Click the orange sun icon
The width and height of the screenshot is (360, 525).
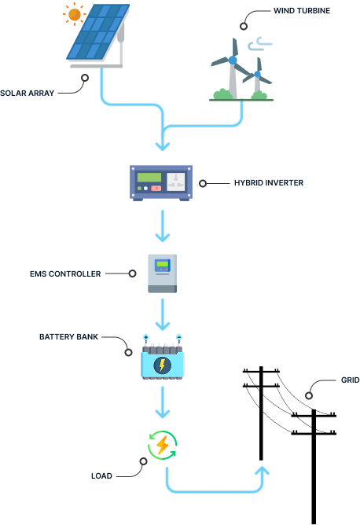(75, 14)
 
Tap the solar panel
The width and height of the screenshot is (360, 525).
(96, 33)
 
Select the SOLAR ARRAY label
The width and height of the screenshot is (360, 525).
(28, 93)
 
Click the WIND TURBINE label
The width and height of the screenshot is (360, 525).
(302, 11)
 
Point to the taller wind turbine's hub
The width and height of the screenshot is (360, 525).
(233, 60)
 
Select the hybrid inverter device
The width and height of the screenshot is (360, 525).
(161, 182)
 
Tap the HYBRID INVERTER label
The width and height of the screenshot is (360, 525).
(268, 182)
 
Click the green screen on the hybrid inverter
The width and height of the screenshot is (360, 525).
(149, 178)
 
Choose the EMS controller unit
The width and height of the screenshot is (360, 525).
(162, 273)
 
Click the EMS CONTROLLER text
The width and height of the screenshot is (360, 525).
(65, 274)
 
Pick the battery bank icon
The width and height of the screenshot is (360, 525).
(162, 361)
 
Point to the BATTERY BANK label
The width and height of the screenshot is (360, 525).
(69, 336)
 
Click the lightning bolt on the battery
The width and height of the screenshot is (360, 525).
(162, 365)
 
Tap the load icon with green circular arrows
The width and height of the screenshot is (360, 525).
(162, 446)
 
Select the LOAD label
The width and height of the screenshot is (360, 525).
(101, 475)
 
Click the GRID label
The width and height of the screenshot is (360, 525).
(350, 380)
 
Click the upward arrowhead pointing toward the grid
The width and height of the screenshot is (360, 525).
(262, 470)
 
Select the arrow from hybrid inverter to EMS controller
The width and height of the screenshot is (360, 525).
(162, 226)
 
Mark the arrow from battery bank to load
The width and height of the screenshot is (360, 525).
(162, 402)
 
